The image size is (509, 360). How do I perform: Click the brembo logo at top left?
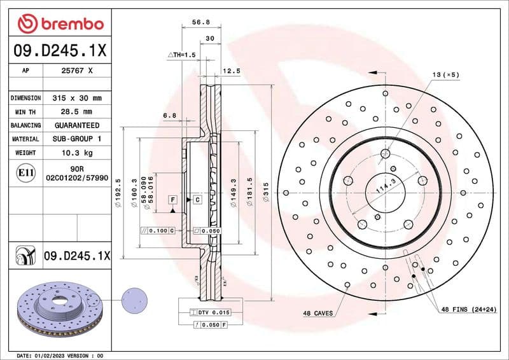(60, 24)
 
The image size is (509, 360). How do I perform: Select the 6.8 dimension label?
(169, 115)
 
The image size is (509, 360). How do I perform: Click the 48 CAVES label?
(317, 314)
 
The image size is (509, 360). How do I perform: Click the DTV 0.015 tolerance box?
(214, 312)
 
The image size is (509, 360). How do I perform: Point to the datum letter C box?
(197, 200)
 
